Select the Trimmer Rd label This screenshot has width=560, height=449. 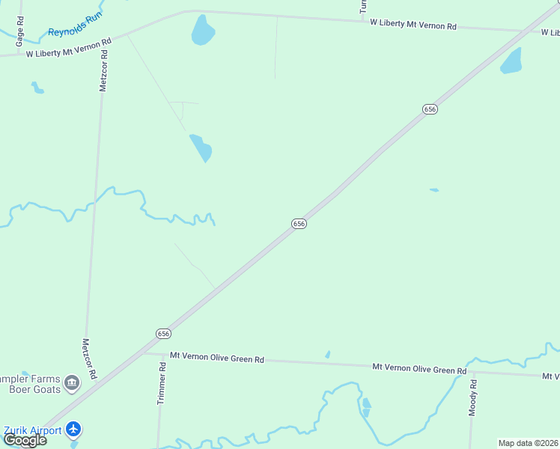pyautogui.click(x=161, y=384)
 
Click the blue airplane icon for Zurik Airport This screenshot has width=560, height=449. pyautogui.click(x=73, y=429)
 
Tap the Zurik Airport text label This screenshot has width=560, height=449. pyautogui.click(x=32, y=430)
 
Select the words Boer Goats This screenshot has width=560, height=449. pyautogui.click(x=34, y=389)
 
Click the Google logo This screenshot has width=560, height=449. pyautogui.click(x=25, y=440)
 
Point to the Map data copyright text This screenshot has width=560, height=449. pyautogui.click(x=528, y=443)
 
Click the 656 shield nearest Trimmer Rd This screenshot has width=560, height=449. pyautogui.click(x=164, y=334)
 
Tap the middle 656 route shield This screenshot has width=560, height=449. pyautogui.click(x=299, y=224)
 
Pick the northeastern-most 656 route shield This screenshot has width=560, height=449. pyautogui.click(x=430, y=109)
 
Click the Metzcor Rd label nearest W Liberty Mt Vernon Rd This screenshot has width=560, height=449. pyautogui.click(x=104, y=70)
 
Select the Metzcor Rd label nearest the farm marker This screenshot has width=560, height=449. pyautogui.click(x=89, y=358)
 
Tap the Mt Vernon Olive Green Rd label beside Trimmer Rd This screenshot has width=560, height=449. pyautogui.click(x=217, y=358)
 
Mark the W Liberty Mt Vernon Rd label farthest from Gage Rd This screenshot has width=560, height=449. pyautogui.click(x=413, y=25)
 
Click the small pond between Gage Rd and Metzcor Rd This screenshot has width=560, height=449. pyautogui.click(x=37, y=88)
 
